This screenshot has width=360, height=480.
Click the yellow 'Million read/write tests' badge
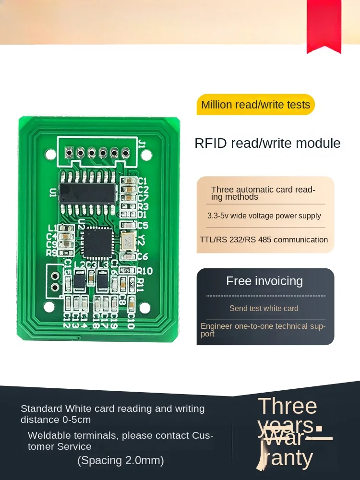tap(255, 105)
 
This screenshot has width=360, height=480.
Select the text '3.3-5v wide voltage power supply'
tap(264, 216)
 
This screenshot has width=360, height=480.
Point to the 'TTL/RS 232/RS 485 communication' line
tap(264, 240)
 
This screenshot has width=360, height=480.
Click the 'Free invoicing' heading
tap(264, 281)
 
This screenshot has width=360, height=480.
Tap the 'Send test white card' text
tap(264, 308)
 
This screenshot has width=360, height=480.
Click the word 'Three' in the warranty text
tap(288, 406)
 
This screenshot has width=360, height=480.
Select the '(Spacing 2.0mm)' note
tap(121, 460)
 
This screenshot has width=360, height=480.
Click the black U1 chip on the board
tap(89, 192)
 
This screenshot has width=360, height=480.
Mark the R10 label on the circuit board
tap(144, 271)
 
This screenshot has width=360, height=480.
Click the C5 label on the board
tap(143, 225)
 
